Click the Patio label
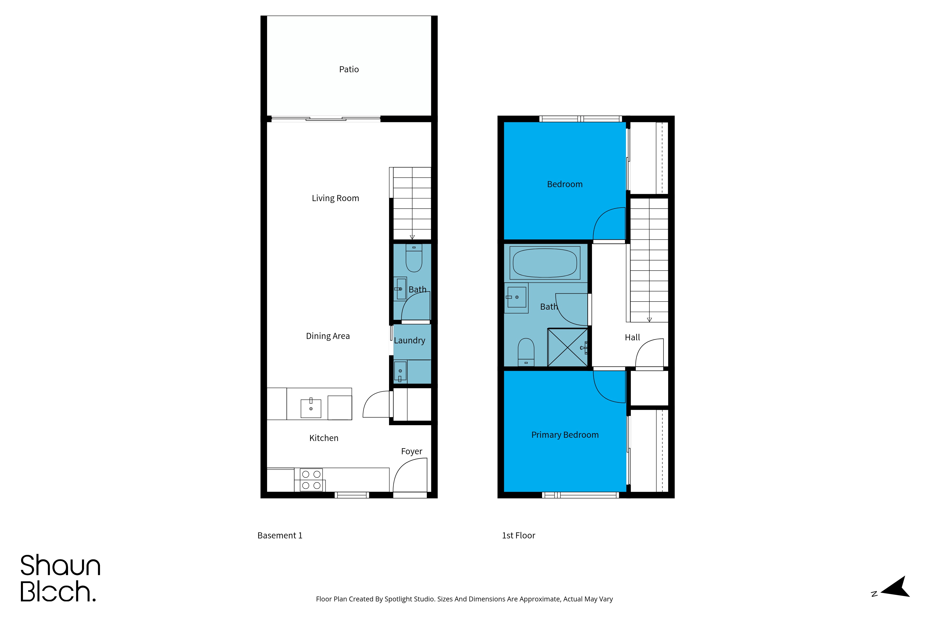pyautogui.click(x=349, y=69)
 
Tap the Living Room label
pyautogui.click(x=335, y=198)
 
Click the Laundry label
pyautogui.click(x=410, y=340)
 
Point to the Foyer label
pyautogui.click(x=412, y=451)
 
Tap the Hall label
pyautogui.click(x=632, y=337)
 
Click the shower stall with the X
pyautogui.click(x=568, y=348)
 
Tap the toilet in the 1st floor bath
pyautogui.click(x=526, y=352)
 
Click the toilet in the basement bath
pyautogui.click(x=414, y=258)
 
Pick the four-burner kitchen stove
pyautogui.click(x=311, y=480)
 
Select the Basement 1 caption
pyautogui.click(x=280, y=535)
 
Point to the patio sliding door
pyautogui.click(x=326, y=118)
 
